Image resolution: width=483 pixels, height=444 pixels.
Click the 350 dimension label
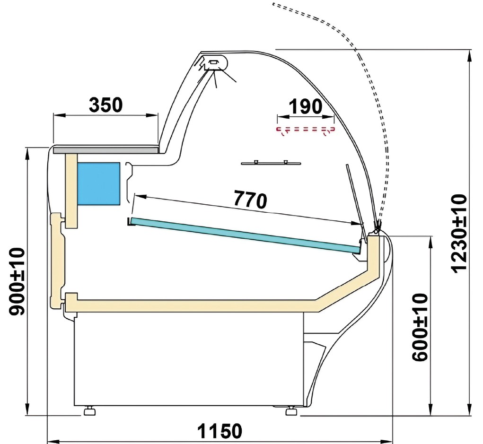point(105,104)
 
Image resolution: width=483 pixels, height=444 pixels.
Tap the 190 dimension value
point(305,106)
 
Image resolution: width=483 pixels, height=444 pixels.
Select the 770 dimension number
point(250,200)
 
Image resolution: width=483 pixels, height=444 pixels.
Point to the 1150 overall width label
point(220,431)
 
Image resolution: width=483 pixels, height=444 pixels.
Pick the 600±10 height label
point(420,327)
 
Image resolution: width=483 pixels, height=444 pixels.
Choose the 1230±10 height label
point(459,234)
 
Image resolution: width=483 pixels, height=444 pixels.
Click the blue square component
point(98,183)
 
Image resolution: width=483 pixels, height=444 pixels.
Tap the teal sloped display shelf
point(246,235)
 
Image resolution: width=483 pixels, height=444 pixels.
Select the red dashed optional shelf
point(306,130)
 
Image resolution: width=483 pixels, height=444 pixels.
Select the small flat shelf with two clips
point(271,163)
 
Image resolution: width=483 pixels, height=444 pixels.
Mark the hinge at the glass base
point(377,229)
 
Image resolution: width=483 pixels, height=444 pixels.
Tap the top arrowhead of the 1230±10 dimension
point(469,56)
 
